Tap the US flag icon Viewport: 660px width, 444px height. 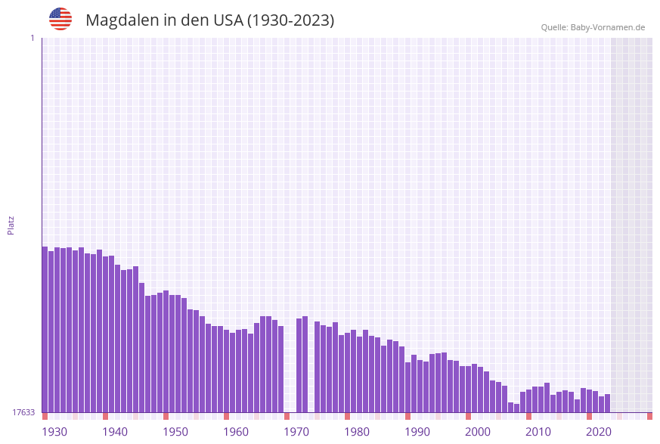click(60, 19)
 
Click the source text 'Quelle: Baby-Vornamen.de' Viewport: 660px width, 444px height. click(593, 27)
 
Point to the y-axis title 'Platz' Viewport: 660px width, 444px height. click(11, 225)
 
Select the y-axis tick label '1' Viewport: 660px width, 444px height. click(32, 38)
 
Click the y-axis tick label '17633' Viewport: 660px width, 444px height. click(23, 412)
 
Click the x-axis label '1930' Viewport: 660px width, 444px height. click(54, 432)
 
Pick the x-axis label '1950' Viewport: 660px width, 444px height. click(175, 432)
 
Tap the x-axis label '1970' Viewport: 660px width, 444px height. click(296, 432)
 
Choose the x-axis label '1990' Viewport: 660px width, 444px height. click(417, 432)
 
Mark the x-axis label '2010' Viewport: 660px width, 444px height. click(538, 432)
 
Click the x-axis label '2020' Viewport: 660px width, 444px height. click(599, 432)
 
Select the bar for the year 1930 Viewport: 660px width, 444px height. click(45, 329)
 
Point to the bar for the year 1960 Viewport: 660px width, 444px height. click(226, 371)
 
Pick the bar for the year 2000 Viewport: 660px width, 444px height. click(468, 389)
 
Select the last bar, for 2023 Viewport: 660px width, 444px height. click(607, 403)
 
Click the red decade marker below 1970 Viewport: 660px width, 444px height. click(287, 416)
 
